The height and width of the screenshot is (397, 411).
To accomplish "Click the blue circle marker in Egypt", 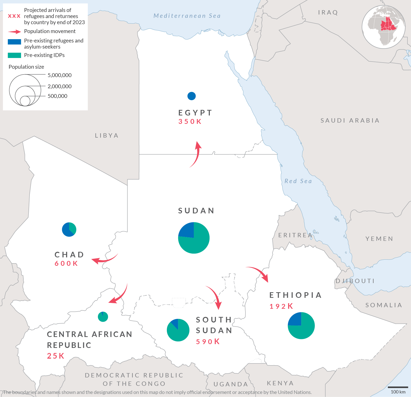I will click(x=192, y=96).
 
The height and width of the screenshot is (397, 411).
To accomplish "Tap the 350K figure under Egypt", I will click(x=190, y=122).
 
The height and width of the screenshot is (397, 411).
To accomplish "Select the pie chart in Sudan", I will click(x=194, y=238).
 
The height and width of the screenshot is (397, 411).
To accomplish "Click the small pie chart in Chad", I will click(x=69, y=229).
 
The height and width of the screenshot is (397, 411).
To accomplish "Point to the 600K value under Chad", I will click(x=66, y=263).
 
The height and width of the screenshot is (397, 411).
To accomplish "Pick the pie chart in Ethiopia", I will click(x=301, y=326).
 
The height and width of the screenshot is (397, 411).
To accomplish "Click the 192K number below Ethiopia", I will click(x=281, y=306).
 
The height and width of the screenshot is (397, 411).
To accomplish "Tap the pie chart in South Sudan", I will click(x=178, y=330).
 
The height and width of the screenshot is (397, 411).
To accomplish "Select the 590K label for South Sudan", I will click(x=208, y=342).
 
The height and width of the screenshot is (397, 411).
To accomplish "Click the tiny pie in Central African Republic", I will click(x=103, y=317).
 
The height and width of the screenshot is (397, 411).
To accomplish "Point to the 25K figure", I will click(x=56, y=356).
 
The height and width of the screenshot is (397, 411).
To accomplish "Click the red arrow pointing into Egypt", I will click(x=196, y=154).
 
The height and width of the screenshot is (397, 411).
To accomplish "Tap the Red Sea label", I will click(x=298, y=181).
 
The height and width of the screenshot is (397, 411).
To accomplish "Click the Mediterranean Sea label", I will click(x=187, y=16).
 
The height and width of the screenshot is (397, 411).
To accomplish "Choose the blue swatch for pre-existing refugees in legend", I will click(x=14, y=42).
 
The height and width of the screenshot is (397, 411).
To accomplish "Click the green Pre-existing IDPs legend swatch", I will click(x=14, y=55).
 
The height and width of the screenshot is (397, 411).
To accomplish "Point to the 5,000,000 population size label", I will click(x=60, y=75).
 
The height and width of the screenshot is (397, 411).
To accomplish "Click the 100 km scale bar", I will click(x=398, y=387).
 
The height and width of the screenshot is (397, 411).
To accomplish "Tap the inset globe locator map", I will click(x=384, y=27).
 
